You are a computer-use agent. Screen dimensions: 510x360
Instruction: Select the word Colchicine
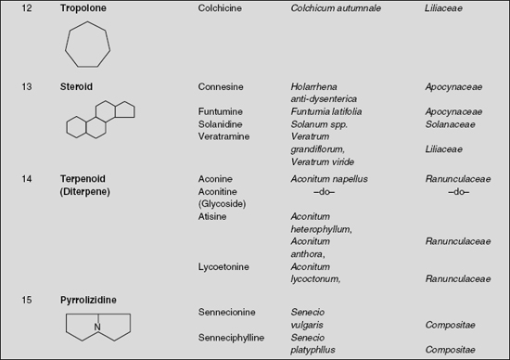[222, 7]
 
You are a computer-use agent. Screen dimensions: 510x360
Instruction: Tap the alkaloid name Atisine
[214, 215]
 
